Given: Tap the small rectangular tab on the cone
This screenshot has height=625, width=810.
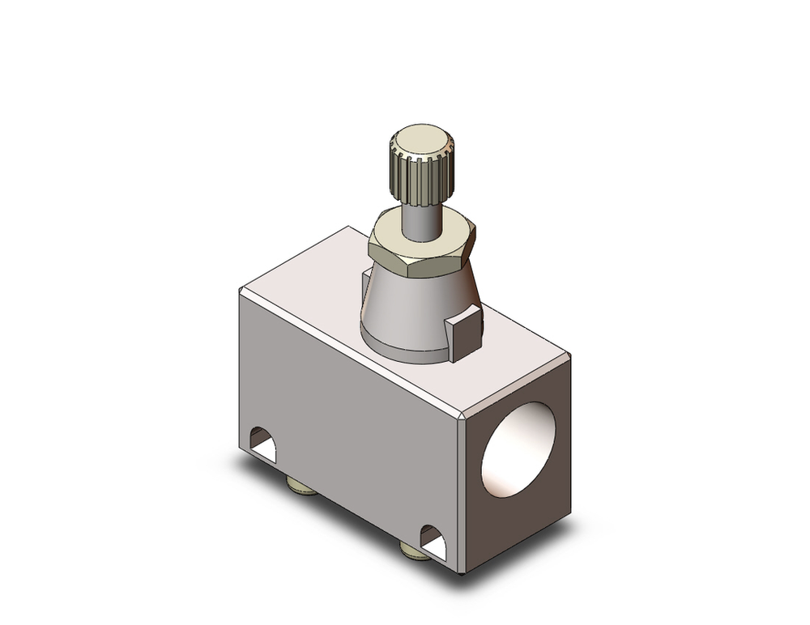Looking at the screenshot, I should pos(465,332).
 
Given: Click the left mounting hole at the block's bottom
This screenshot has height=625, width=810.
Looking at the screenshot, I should pos(262,444).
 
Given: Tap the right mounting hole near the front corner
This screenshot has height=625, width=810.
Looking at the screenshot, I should pos(433,541).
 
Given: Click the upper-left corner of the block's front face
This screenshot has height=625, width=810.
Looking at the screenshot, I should pos(241,291).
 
